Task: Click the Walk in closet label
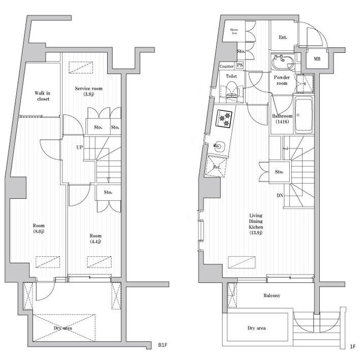click(43, 96)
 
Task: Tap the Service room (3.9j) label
click(88, 92)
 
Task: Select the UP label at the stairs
click(79, 148)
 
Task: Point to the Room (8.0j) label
click(39, 229)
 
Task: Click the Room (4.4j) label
click(95, 238)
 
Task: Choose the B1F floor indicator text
click(162, 345)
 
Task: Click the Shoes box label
click(235, 32)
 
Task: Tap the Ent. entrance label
click(283, 38)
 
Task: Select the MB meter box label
click(317, 59)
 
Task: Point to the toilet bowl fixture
click(232, 92)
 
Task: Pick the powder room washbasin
click(283, 64)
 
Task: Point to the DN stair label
click(280, 195)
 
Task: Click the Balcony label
click(271, 296)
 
